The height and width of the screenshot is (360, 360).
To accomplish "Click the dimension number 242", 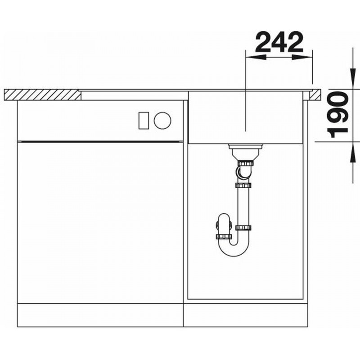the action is (x=279, y=42).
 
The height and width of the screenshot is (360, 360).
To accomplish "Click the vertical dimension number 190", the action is (x=337, y=114).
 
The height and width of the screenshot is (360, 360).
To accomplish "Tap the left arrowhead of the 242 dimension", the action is (x=256, y=57).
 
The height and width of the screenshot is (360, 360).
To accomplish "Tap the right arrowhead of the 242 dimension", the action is (x=302, y=57).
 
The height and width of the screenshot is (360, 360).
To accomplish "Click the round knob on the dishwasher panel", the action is (x=162, y=120).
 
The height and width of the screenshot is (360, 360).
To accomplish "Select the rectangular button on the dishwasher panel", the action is (x=144, y=120).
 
